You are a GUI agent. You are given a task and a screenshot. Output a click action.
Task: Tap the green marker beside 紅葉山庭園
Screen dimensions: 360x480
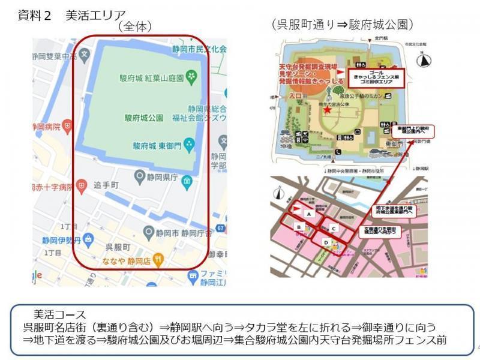pyautogui.click(x=191, y=76)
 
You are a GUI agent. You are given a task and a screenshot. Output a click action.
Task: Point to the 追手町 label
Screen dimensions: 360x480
pyautogui.click(x=106, y=186)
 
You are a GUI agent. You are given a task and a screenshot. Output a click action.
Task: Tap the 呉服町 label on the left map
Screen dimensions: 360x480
pyautogui.click(x=118, y=247)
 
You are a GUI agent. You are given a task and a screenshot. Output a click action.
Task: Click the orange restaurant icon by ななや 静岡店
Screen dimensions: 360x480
pyautogui.click(x=158, y=260)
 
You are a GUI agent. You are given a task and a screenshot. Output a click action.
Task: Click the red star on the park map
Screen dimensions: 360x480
pyautogui.click(x=327, y=110)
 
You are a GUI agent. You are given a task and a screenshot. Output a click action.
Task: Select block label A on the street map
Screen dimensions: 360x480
pyautogui.click(x=308, y=214)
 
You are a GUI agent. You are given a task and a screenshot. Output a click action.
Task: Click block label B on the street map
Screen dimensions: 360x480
pyautogui.click(x=298, y=227)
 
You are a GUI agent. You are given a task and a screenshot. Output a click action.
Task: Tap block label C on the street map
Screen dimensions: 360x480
pyautogui.click(x=334, y=227)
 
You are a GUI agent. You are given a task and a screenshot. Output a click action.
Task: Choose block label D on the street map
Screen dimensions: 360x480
pyautogui.click(x=326, y=242)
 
